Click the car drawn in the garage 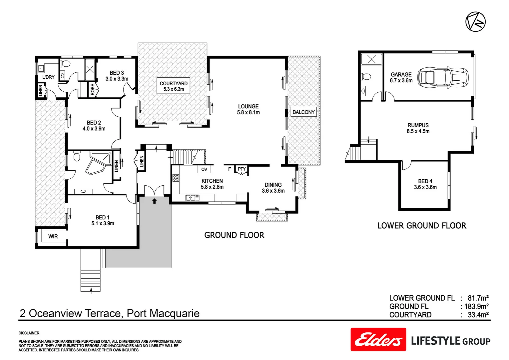pos(443,77)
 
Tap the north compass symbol pos(475,22)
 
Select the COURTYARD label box pos(174,86)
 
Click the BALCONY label pos(303,112)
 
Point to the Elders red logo pos(378,339)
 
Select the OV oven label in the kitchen pos(204,169)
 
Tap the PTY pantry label pos(242,169)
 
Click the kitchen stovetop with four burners pos(176,178)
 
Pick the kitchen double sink pos(192,198)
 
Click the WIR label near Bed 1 pos(53,236)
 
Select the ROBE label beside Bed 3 pos(93,89)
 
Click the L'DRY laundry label pos(48,77)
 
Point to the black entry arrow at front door pos(154,201)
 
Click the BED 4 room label pos(425,181)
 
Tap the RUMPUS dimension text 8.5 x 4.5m pos(418,131)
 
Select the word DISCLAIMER pos(29,333)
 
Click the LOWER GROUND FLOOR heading pos(421,226)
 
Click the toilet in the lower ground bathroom pos(366,77)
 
